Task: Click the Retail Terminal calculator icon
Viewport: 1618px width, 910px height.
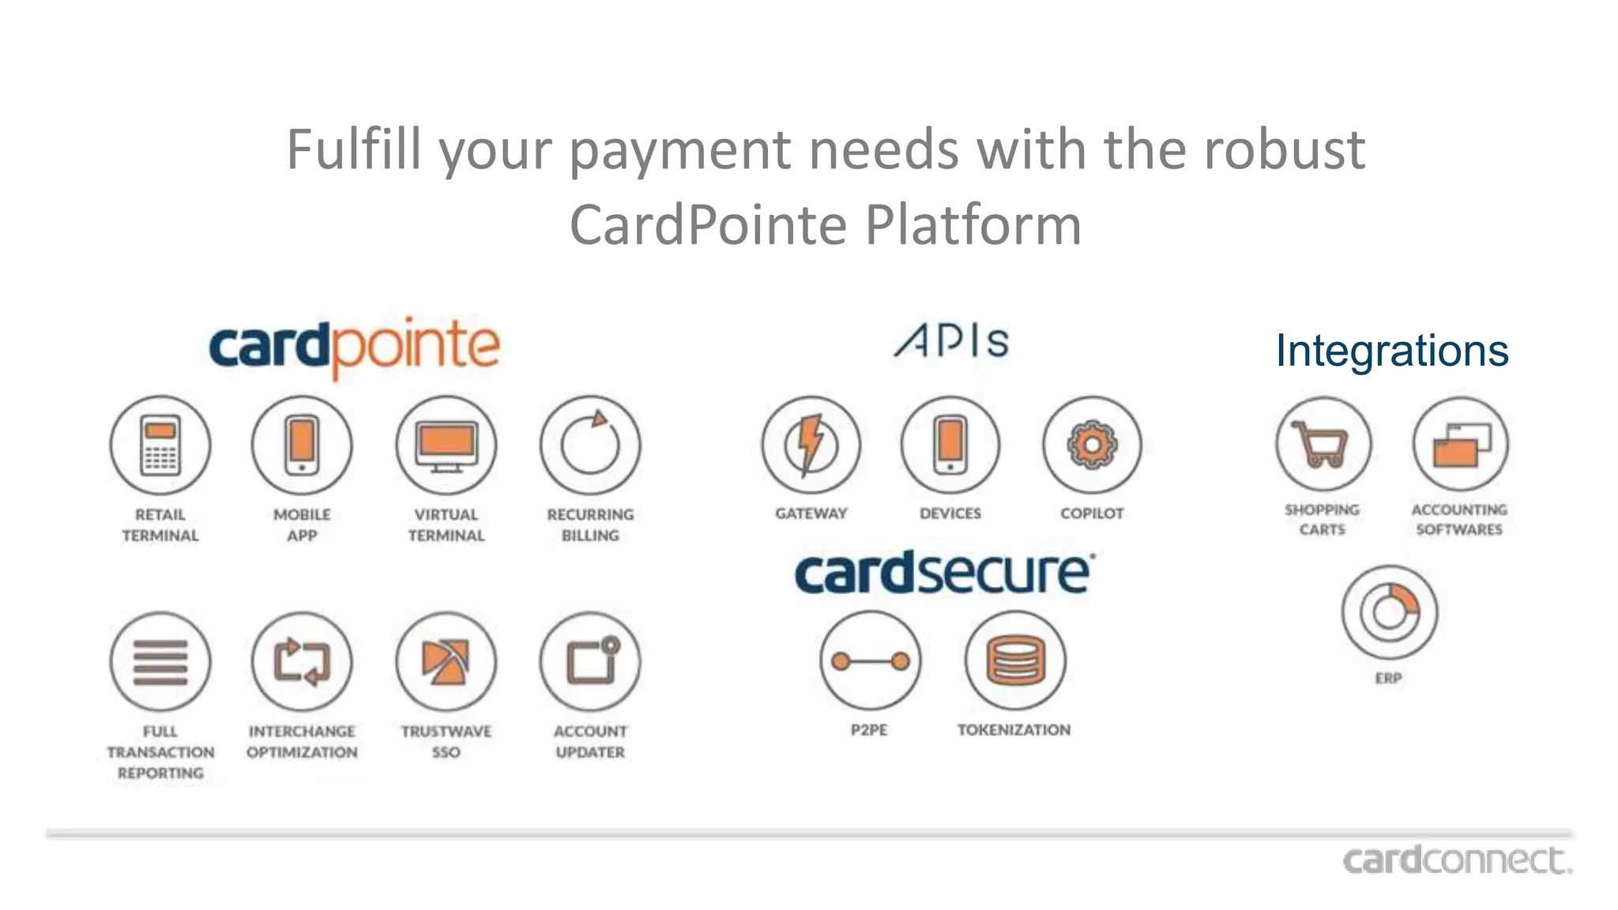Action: [x=160, y=446]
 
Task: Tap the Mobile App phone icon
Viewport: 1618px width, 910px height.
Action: [x=302, y=446]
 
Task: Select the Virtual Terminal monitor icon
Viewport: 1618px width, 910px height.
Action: [x=446, y=446]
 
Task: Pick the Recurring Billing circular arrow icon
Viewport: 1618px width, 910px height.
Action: [x=590, y=446]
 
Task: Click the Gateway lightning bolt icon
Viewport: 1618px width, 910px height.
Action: [x=811, y=446]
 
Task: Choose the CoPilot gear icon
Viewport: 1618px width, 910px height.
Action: [x=1092, y=446]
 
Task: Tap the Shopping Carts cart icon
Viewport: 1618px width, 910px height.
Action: [x=1323, y=445]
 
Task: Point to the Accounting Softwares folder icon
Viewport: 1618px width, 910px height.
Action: [x=1460, y=445]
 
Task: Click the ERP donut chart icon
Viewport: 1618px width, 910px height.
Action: [x=1389, y=612]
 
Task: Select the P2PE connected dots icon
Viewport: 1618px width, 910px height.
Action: [x=870, y=661]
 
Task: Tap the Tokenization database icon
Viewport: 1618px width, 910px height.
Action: [x=1015, y=661]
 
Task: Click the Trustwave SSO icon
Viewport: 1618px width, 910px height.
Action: [x=446, y=661]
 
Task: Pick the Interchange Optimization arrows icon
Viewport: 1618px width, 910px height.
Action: [x=302, y=661]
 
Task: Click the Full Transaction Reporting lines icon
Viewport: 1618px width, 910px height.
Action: [x=160, y=661]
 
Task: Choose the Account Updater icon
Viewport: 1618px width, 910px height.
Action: [x=590, y=661]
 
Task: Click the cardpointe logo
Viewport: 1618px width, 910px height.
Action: [x=355, y=348]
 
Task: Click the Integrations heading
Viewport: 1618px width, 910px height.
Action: [x=1392, y=351]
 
